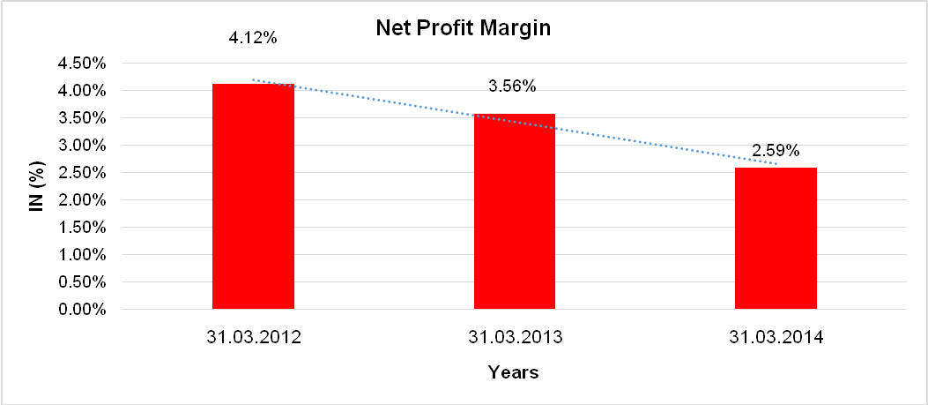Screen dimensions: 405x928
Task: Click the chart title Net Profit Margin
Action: coord(463,28)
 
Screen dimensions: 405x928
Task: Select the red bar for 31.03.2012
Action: coord(253,197)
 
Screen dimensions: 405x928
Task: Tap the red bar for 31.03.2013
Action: coord(515,212)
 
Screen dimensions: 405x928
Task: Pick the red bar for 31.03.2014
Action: coord(776,238)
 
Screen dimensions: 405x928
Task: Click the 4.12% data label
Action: coord(253,39)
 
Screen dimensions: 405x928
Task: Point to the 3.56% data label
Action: coord(512,86)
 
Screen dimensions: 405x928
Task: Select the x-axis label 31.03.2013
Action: coord(515,337)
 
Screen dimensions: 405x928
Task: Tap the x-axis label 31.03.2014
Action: coord(776,337)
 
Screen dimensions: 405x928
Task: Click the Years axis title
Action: coord(514,372)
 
